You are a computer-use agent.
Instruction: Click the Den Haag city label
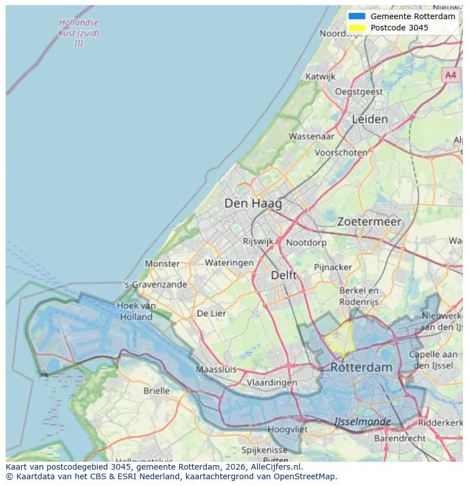click(253, 203)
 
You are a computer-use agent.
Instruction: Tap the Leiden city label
click(370, 119)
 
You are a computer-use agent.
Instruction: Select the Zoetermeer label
click(369, 222)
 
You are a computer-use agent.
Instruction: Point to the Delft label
click(283, 275)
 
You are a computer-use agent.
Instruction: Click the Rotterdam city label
click(361, 367)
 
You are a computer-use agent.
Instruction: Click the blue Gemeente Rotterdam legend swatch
click(357, 16)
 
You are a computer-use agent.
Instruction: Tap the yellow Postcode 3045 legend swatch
click(357, 28)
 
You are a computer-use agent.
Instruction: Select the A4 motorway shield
click(450, 75)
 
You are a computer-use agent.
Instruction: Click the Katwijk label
click(320, 76)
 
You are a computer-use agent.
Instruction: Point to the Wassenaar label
click(311, 136)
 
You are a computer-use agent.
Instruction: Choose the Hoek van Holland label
click(136, 311)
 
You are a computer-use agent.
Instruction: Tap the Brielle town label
click(156, 391)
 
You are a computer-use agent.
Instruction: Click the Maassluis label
click(216, 370)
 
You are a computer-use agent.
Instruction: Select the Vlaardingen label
click(271, 382)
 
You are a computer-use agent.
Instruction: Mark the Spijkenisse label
click(264, 450)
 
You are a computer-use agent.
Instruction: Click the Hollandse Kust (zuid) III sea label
click(79, 33)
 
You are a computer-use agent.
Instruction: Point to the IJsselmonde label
click(362, 422)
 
